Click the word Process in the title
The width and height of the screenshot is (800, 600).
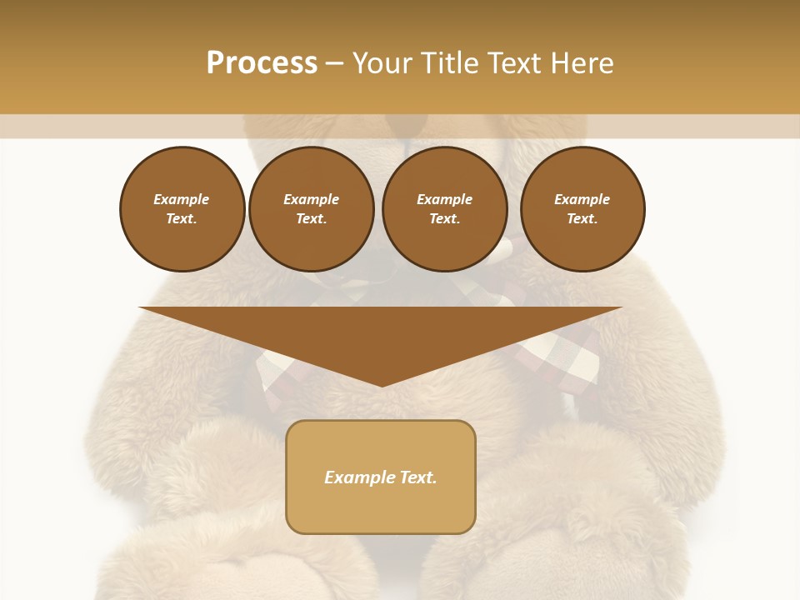click(x=262, y=63)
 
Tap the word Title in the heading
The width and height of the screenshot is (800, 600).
click(x=447, y=63)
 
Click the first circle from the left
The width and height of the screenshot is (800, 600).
click(x=182, y=209)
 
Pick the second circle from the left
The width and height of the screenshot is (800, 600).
click(x=311, y=209)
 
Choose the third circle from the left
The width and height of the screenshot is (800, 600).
click(x=444, y=209)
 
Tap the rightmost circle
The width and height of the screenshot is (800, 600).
click(x=582, y=209)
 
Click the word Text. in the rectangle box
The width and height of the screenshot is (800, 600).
click(x=418, y=477)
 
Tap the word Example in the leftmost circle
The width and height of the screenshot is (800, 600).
click(x=182, y=199)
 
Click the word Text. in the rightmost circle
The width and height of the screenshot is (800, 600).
click(x=582, y=219)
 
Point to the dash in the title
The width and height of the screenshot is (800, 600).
click(x=334, y=64)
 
